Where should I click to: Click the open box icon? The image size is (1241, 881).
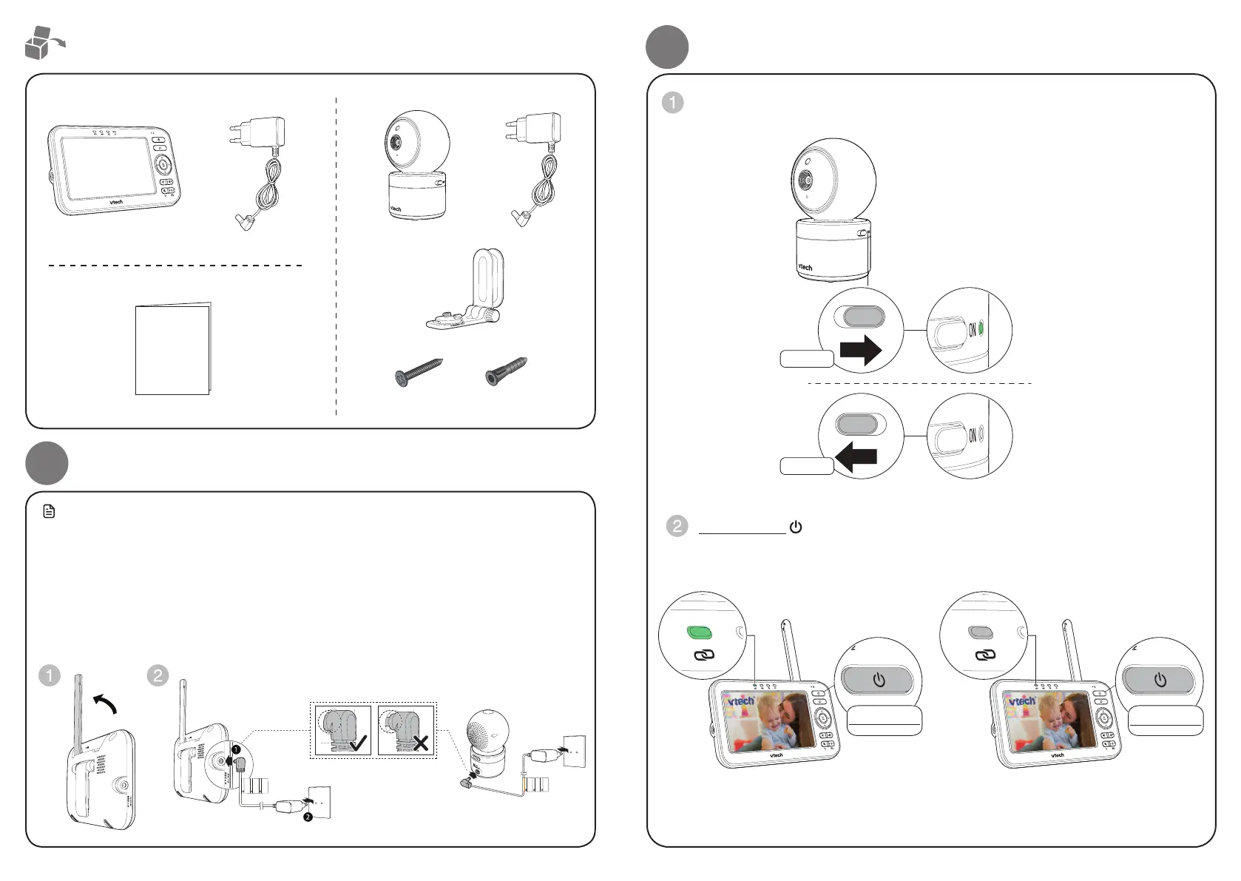[x=43, y=42]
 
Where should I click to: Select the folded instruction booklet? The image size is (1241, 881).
[x=173, y=348]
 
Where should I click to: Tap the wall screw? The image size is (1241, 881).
[x=419, y=371]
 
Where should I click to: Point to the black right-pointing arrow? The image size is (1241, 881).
[x=862, y=349]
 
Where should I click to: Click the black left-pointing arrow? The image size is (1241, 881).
[x=856, y=457]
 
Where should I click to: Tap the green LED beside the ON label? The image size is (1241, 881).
[x=981, y=328]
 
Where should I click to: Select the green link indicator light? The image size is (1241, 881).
[x=700, y=632]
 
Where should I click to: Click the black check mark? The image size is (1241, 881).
[x=359, y=742]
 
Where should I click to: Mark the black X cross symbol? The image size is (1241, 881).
[x=421, y=742]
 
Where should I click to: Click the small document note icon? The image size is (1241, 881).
[x=49, y=511]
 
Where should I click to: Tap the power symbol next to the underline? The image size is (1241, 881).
[x=796, y=527]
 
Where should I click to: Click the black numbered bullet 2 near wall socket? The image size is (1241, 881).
[x=307, y=817]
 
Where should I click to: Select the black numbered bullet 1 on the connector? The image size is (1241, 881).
[x=236, y=749]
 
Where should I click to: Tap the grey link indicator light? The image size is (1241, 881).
[x=980, y=632]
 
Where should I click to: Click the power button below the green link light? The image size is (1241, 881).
[x=879, y=680]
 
